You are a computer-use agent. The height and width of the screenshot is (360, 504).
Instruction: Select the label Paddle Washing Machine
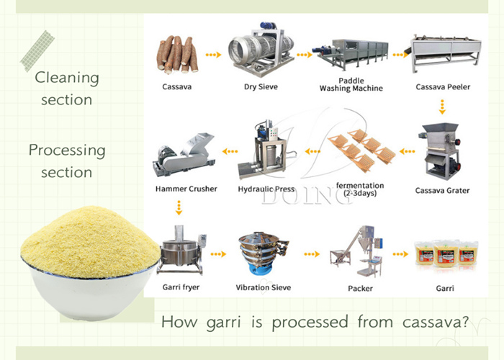point(351,84)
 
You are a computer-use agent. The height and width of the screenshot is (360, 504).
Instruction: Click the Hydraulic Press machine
point(267,151)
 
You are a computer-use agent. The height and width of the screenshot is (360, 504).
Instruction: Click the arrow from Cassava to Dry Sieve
point(212,54)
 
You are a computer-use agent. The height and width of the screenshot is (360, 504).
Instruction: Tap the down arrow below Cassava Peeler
point(443,108)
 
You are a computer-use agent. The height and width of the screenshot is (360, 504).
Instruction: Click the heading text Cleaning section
point(67,89)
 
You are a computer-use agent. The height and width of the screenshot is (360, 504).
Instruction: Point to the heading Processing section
point(67,161)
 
